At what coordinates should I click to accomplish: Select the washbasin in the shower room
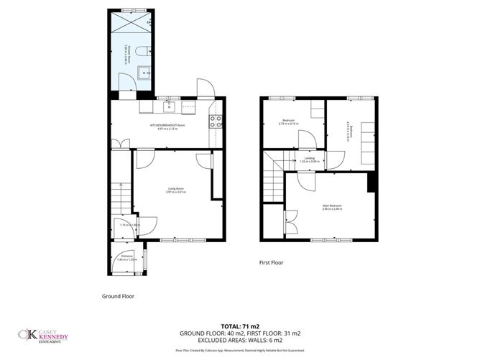(x=144, y=72)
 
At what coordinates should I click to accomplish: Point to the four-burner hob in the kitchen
(x=214, y=121)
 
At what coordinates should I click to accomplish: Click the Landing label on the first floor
(x=310, y=160)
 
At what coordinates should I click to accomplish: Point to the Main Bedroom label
(x=331, y=208)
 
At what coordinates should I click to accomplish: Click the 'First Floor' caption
(x=271, y=263)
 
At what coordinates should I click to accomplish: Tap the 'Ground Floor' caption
(x=119, y=296)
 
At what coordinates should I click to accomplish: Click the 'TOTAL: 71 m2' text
(x=239, y=325)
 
